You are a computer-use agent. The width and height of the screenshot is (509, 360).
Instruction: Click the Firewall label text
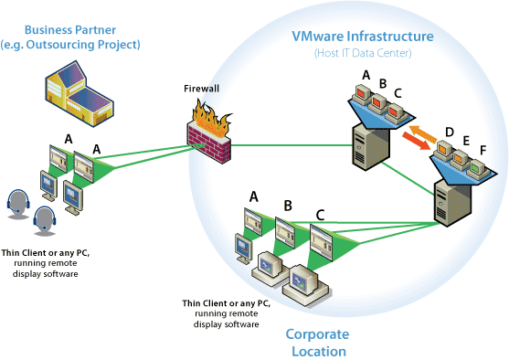(x=201, y=89)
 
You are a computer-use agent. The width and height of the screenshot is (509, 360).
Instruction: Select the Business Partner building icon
(x=80, y=93)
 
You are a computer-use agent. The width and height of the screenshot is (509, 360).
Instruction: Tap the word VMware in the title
(x=317, y=37)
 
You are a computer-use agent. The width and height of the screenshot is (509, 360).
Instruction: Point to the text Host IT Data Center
(x=363, y=53)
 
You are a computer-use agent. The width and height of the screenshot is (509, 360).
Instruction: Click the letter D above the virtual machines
(x=450, y=132)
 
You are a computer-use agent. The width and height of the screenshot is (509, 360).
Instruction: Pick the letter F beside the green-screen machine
(x=482, y=150)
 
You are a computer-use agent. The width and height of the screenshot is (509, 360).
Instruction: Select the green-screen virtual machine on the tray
(x=477, y=169)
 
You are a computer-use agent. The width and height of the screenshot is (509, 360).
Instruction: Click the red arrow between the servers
(x=416, y=141)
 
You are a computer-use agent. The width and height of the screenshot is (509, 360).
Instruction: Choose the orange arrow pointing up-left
(x=423, y=133)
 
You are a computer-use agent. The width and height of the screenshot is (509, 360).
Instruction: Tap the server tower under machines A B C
(x=371, y=146)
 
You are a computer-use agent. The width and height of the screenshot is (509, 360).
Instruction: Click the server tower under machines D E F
(x=453, y=202)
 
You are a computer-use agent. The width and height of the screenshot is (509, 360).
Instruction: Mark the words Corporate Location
(x=317, y=343)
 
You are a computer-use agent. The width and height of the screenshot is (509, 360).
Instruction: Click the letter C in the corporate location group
(x=320, y=216)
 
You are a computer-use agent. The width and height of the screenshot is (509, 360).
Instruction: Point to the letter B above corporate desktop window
(x=288, y=206)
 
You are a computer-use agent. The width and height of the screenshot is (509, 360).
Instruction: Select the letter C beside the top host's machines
(x=398, y=93)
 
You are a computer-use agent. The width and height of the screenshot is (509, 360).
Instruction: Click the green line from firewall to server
(x=292, y=145)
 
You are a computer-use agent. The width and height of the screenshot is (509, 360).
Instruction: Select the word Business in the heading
(x=46, y=30)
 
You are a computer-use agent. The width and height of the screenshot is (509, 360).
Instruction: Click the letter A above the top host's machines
(x=366, y=75)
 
